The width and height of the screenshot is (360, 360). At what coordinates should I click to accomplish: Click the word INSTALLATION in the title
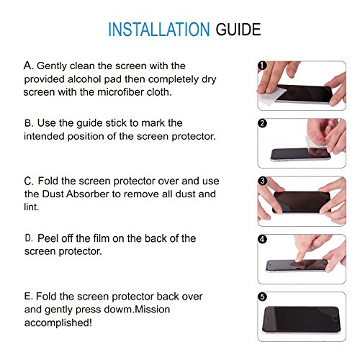tap(159, 30)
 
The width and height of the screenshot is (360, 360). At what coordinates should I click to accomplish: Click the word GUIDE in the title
tap(238, 30)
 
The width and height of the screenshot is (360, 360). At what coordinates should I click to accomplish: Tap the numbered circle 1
tap(262, 66)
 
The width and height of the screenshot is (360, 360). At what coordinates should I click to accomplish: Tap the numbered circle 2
tap(262, 123)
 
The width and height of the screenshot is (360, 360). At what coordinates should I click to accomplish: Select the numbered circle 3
tap(262, 181)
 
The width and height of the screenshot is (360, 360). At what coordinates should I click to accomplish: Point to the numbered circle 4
tap(262, 239)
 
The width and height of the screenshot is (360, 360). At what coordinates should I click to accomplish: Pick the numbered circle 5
tap(262, 297)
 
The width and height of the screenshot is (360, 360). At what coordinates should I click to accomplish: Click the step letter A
tap(28, 66)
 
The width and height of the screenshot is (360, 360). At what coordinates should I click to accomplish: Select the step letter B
tap(29, 123)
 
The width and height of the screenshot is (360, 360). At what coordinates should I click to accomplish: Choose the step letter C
tap(29, 181)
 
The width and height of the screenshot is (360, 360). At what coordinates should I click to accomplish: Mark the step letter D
tap(29, 238)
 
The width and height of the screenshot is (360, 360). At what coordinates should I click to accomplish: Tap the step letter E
tap(28, 296)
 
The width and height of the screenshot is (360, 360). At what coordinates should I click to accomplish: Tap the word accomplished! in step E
tap(58, 323)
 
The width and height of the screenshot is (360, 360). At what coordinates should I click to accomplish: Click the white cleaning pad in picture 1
tap(271, 96)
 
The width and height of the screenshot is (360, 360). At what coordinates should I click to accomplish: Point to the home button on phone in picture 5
tap(335, 319)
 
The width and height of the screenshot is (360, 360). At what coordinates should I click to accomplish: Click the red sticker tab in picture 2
tap(320, 139)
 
